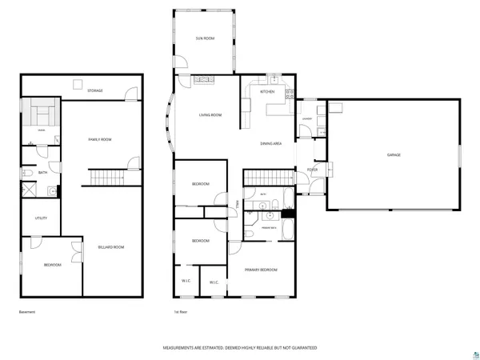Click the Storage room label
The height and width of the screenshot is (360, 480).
pos(94,90)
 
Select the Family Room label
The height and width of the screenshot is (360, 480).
pos(99,139)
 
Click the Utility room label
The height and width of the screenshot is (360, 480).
pos(40,218)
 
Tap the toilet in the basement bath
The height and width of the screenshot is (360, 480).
pos(26,172)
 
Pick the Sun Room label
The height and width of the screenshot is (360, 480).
pos(205,38)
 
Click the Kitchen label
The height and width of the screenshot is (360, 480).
pos(268,91)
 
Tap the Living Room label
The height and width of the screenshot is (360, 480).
pos(210,115)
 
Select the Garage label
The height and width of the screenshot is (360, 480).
pos(394,154)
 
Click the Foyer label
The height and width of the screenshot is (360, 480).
pos(312,170)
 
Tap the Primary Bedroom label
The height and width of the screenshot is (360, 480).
pos(261,270)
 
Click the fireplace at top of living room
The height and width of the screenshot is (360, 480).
pos(204,80)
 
